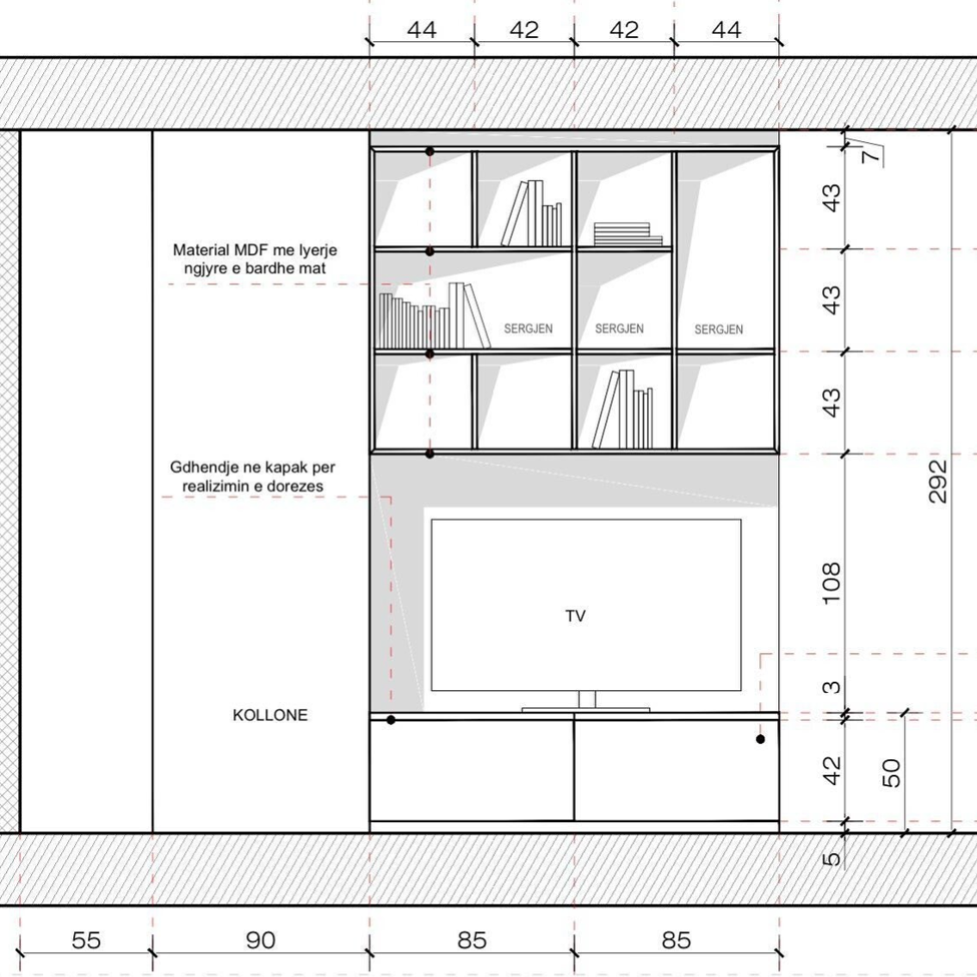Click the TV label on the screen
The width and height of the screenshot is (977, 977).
pos(575,615)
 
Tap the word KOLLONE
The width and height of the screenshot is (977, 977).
pos(269,714)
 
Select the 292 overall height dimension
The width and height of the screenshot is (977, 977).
pos(937,481)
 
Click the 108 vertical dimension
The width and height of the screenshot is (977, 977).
pos(832,584)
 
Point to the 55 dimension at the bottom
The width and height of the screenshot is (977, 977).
pos(86,940)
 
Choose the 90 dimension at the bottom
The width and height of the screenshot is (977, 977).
pos(261,940)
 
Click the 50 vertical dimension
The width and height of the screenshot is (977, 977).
pos(892,773)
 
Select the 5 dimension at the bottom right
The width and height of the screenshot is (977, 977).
pos(832,859)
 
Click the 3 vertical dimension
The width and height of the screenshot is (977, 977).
pos(832,688)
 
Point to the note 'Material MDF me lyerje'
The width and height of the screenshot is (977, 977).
pos(255,250)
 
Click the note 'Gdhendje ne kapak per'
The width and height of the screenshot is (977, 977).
pos(252,467)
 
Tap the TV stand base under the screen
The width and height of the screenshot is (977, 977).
pos(585,709)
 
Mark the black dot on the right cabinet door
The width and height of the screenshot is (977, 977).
pos(760,739)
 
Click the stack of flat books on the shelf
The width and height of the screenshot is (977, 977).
pos(628,234)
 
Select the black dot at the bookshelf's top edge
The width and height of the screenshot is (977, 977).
pos(430,151)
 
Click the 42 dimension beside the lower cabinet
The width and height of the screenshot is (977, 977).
pos(832,770)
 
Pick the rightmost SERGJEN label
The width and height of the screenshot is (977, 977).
pos(719,329)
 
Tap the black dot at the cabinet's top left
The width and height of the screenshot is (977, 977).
pos(391,720)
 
